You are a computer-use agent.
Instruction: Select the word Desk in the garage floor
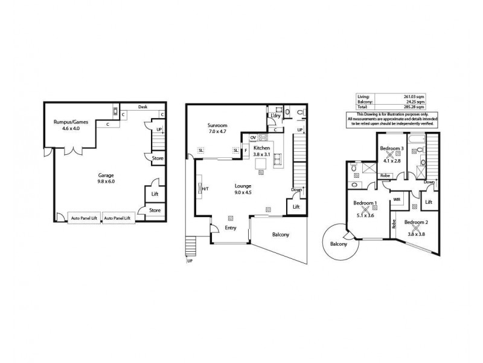pyautogui.click(x=142, y=107)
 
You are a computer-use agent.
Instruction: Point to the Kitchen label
pyautogui.click(x=261, y=148)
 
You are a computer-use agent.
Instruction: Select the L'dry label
pyautogui.click(x=275, y=116)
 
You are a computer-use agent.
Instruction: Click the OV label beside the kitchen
pyautogui.click(x=254, y=138)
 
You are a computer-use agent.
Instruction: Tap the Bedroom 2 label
pyautogui.click(x=416, y=223)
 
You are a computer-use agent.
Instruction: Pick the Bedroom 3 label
pyautogui.click(x=391, y=148)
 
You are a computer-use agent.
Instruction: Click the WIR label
pyautogui.click(x=397, y=198)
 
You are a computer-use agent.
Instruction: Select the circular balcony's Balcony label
pyautogui.click(x=339, y=244)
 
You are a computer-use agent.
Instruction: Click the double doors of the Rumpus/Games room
pyautogui.click(x=72, y=149)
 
